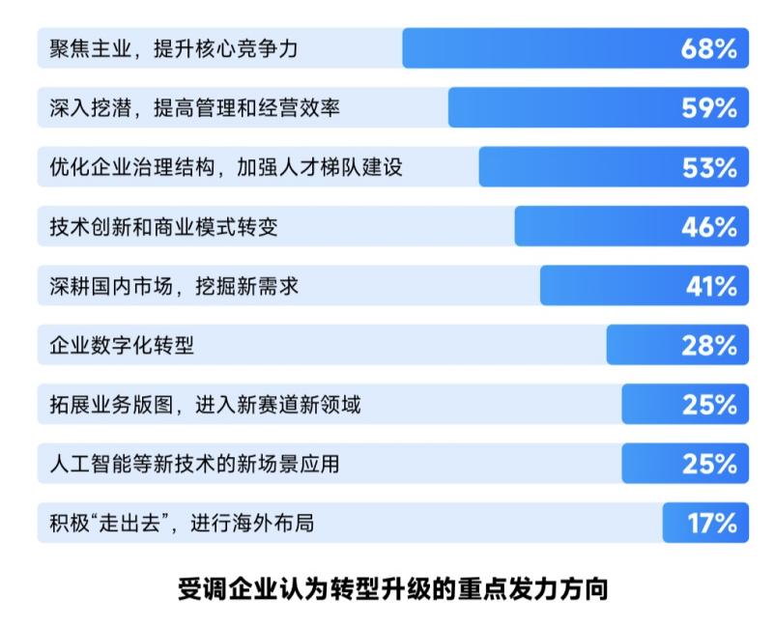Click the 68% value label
pyautogui.click(x=709, y=49)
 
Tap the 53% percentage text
pyautogui.click(x=709, y=168)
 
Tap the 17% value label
pyautogui.click(x=713, y=524)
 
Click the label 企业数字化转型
pyautogui.click(x=122, y=346)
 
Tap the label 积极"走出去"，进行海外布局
pyautogui.click(x=182, y=524)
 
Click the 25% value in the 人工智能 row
pyautogui.click(x=709, y=465)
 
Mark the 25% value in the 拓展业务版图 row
pyautogui.click(x=709, y=405)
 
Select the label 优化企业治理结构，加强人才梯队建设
pyautogui.click(x=226, y=168)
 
